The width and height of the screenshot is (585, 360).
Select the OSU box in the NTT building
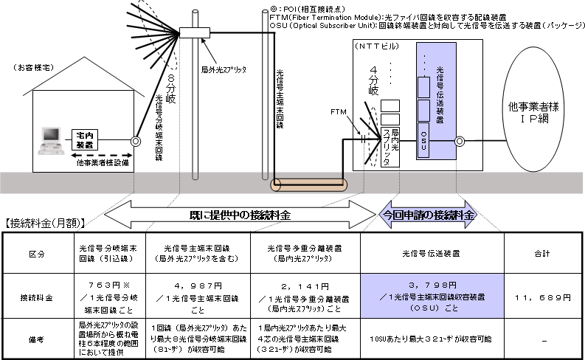click(423, 137)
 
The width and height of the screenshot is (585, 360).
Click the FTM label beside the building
click(339, 111)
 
